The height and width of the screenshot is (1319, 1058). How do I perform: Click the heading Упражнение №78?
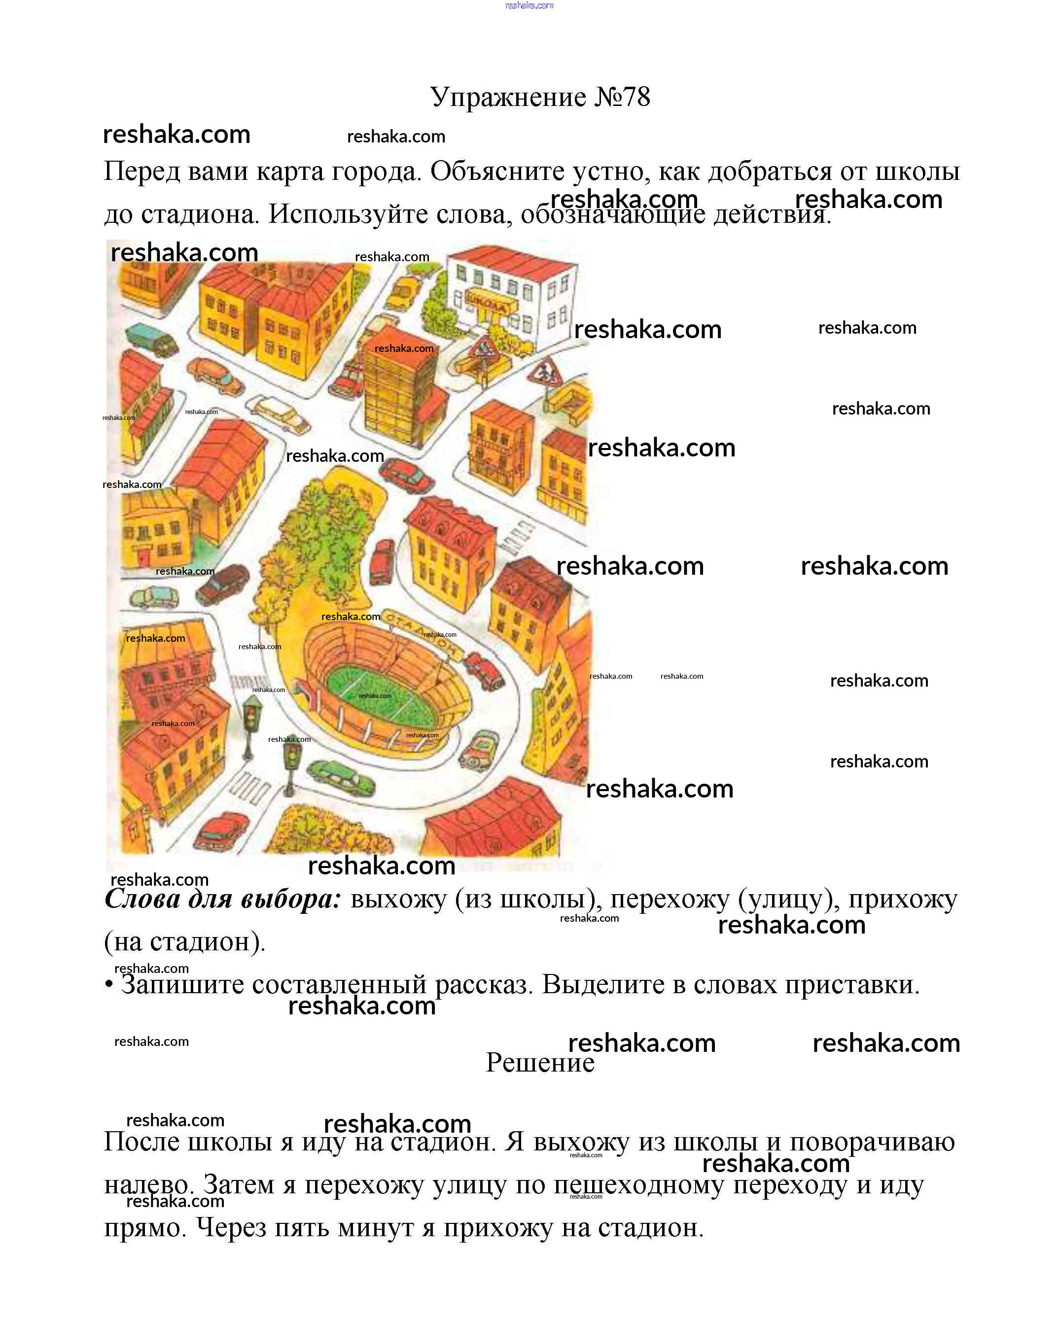(540, 97)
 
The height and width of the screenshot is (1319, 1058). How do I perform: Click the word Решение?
(540, 1062)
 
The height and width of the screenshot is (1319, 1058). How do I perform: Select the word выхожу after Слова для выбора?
(398, 900)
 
